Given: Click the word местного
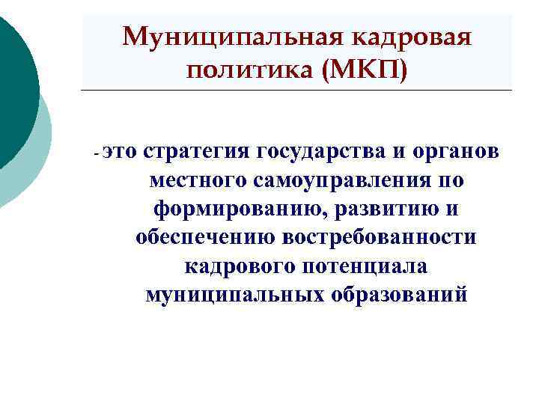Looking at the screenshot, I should coord(199,180).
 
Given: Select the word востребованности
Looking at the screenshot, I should coord(379,237).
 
